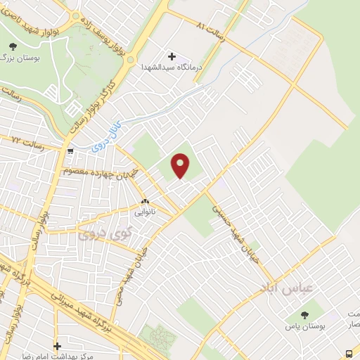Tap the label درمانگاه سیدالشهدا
(x=172, y=67)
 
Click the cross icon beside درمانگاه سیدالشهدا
(x=172, y=56)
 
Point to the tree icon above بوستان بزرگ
(x=13, y=46)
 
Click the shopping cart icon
(x=70, y=150)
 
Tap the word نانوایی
(x=146, y=210)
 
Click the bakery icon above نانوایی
(x=145, y=200)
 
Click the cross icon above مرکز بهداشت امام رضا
(x=58, y=345)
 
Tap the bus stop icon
(x=349, y=353)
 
